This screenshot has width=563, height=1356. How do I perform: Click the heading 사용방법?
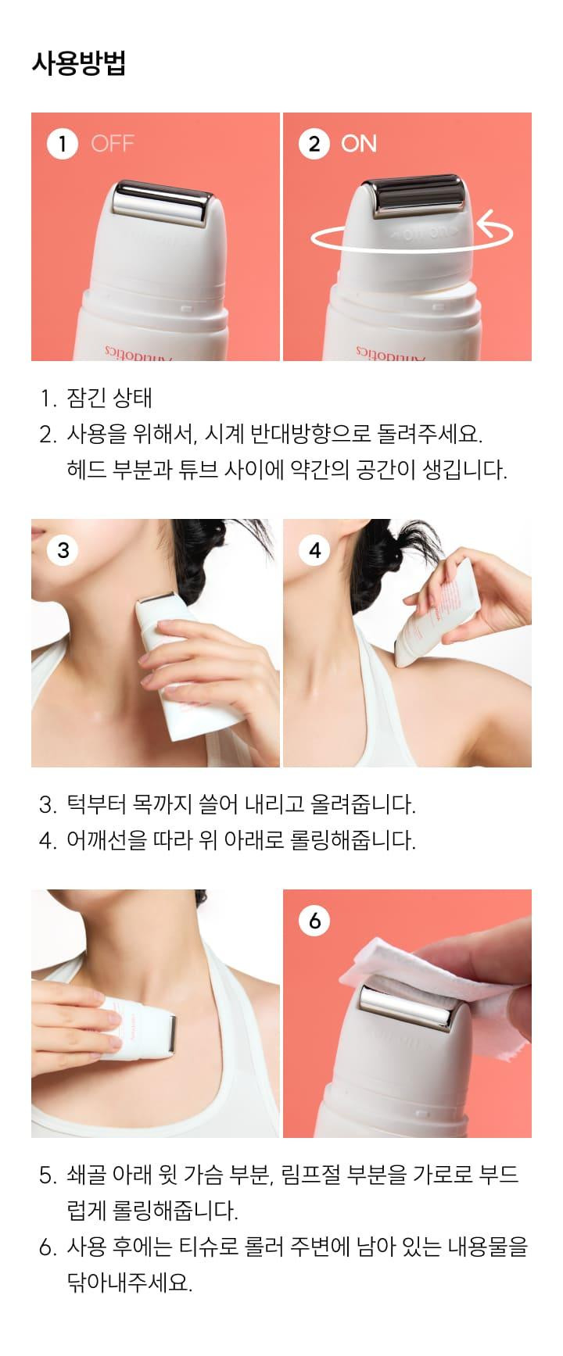click(x=78, y=63)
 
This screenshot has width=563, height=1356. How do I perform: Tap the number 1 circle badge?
click(x=63, y=144)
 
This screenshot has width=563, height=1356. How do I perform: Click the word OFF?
click(x=113, y=144)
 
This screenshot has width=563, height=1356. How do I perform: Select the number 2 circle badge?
click(x=314, y=144)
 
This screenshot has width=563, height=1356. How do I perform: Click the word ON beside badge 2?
click(x=359, y=144)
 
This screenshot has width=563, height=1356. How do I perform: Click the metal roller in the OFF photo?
click(x=163, y=200)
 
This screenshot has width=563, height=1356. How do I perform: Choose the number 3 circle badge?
click(x=63, y=550)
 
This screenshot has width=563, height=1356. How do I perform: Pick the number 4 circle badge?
click(x=314, y=550)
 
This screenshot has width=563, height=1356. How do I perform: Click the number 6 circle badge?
click(x=314, y=921)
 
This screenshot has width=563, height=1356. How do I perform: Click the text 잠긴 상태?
click(x=109, y=398)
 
